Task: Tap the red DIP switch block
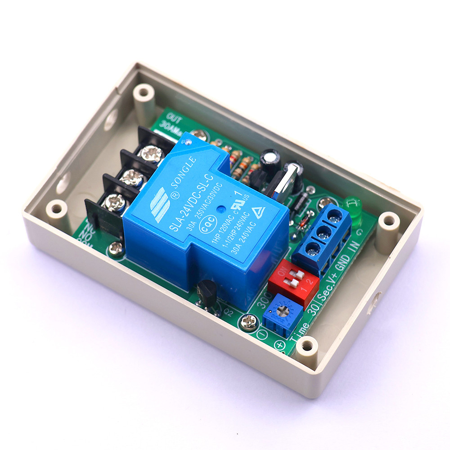coord(293,281)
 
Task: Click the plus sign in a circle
coord(280,346)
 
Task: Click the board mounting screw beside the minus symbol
coord(248,321)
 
